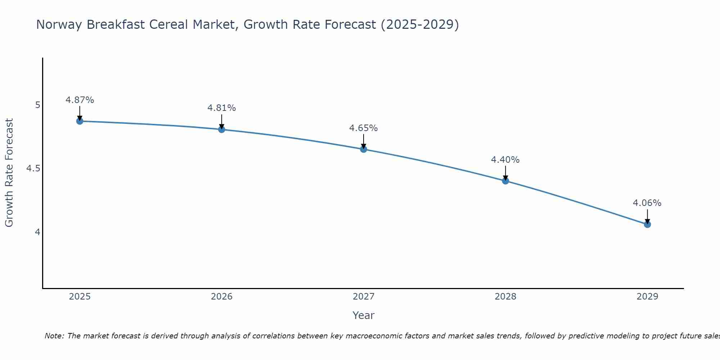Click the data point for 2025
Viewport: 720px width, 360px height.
click(x=80, y=121)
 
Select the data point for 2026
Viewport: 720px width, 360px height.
click(x=222, y=129)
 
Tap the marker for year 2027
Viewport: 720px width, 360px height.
click(x=364, y=149)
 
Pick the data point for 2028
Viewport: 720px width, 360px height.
click(x=505, y=181)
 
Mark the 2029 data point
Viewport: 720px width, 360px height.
click(x=647, y=224)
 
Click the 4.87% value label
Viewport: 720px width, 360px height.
click(x=80, y=100)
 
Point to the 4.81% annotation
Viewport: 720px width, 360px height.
click(x=222, y=108)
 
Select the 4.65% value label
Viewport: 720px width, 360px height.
click(x=364, y=128)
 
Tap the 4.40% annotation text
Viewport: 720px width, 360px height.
click(x=505, y=160)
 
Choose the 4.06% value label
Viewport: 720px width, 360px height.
click(x=647, y=203)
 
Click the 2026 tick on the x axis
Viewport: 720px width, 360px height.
click(x=222, y=297)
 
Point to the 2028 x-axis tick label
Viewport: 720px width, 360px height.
click(x=505, y=297)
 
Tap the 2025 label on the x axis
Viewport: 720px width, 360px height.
click(x=80, y=297)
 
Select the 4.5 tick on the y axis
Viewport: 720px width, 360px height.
click(x=33, y=168)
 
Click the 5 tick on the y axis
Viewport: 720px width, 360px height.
click(x=38, y=105)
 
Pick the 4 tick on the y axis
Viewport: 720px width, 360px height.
click(x=38, y=232)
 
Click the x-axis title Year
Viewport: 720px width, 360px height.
click(x=364, y=315)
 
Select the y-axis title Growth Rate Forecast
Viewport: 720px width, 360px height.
click(x=9, y=173)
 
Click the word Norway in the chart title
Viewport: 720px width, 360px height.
click(x=59, y=24)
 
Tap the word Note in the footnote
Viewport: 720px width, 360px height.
click(x=54, y=336)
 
